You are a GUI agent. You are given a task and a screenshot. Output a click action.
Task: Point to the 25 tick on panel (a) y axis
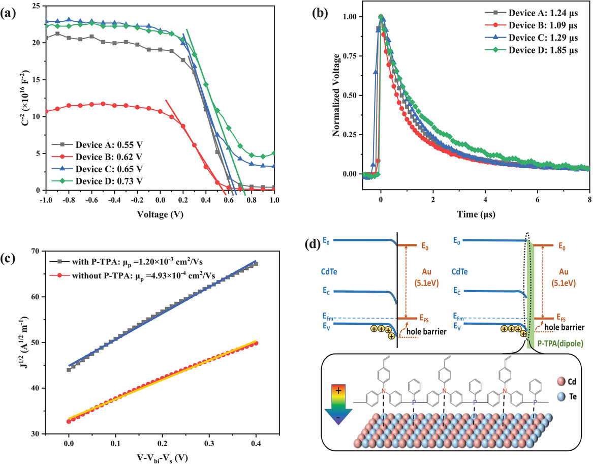[x=33, y=6]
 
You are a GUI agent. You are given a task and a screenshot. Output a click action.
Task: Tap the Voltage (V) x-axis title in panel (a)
[x=158, y=214]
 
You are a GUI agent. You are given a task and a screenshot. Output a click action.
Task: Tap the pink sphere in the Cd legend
[x=556, y=379]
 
